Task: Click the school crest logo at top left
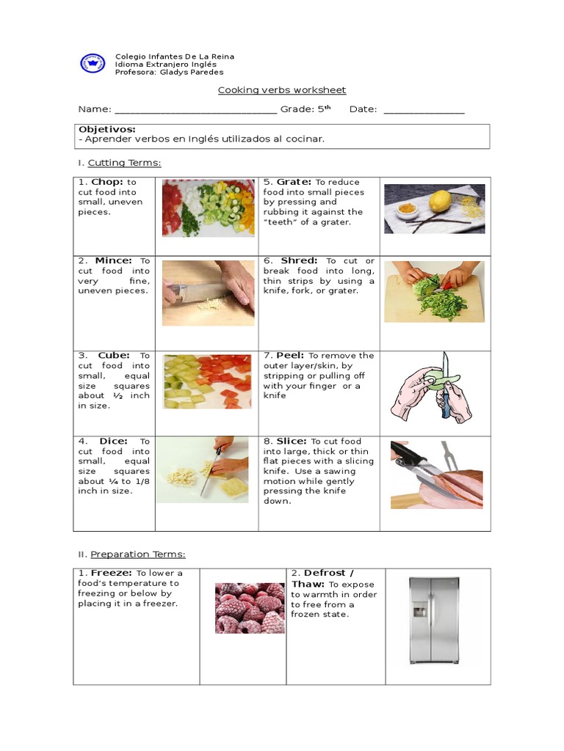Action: tap(93, 63)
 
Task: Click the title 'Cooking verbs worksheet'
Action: tap(281, 90)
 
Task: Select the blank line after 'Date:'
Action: tap(424, 111)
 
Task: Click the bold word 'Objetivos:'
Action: tap(107, 129)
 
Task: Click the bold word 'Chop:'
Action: tap(107, 182)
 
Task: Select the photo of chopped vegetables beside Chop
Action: tap(208, 208)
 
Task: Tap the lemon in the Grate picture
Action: tap(440, 201)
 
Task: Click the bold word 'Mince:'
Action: tap(113, 260)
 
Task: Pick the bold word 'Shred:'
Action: tap(299, 260)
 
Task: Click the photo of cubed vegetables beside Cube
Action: tap(208, 381)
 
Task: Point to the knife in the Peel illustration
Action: tap(445, 389)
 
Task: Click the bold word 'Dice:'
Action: tap(113, 442)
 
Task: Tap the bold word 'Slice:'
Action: tap(292, 442)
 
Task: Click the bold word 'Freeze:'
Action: tap(112, 574)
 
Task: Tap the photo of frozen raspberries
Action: tap(250, 608)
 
